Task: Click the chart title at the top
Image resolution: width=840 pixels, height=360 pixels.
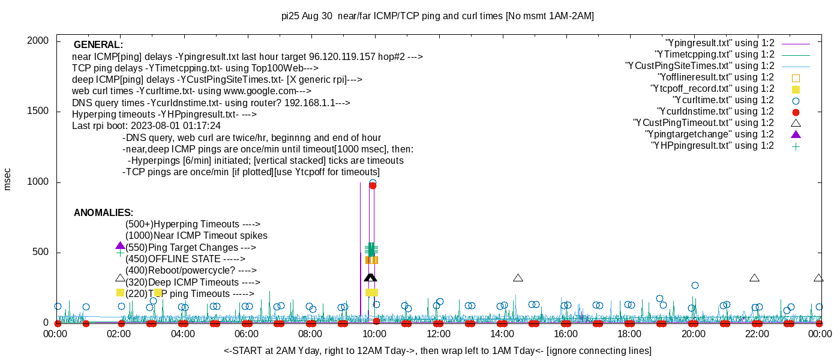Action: click(x=437, y=16)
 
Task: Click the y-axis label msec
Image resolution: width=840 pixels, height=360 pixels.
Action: click(x=8, y=179)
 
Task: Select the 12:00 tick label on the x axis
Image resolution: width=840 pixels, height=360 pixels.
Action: click(x=438, y=334)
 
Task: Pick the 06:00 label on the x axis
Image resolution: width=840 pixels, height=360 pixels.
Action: click(x=247, y=334)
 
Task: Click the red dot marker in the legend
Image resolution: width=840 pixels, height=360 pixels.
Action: click(x=796, y=112)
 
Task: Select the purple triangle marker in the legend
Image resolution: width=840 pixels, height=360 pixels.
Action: click(x=796, y=134)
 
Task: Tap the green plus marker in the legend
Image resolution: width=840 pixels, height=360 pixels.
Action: click(x=796, y=146)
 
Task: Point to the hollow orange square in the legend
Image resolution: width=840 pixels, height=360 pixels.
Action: click(x=796, y=77)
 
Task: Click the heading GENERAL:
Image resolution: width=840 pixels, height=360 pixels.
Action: click(x=98, y=45)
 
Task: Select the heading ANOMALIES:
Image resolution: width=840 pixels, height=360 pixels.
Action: click(x=103, y=213)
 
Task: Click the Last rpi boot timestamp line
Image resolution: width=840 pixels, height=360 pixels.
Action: click(x=146, y=126)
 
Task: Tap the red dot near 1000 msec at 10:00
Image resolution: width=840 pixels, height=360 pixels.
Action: click(x=373, y=185)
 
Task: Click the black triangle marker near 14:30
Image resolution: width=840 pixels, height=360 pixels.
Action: click(x=518, y=278)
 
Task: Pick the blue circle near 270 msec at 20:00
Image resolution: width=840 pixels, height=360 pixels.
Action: click(x=695, y=286)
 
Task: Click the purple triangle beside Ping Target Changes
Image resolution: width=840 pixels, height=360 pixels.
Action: click(x=120, y=246)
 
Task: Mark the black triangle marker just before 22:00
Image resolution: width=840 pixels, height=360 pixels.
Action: click(x=754, y=278)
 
